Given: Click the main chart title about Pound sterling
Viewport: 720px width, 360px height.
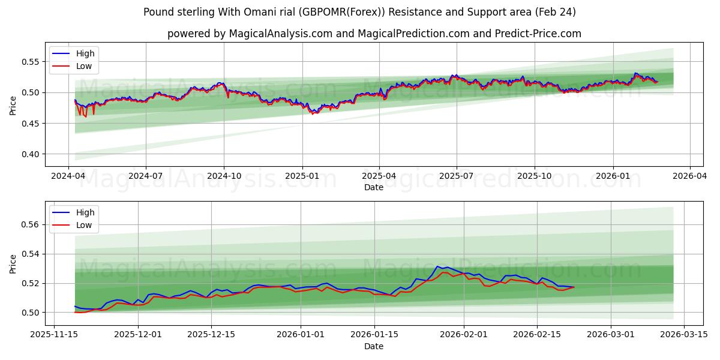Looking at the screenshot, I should pyautogui.click(x=360, y=12).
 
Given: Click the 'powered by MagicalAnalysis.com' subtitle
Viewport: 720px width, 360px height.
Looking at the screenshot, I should pyautogui.click(x=374, y=34).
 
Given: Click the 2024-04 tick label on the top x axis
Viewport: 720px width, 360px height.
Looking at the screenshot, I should pyautogui.click(x=68, y=176).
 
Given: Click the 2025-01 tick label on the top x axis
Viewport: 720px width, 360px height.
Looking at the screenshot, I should pyautogui.click(x=302, y=176).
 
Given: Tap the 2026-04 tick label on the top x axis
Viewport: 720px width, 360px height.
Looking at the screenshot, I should pyautogui.click(x=689, y=176).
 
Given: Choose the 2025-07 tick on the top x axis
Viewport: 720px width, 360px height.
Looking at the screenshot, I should pyautogui.click(x=457, y=176).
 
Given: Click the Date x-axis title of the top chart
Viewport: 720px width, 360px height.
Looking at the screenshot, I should pyautogui.click(x=374, y=187).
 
